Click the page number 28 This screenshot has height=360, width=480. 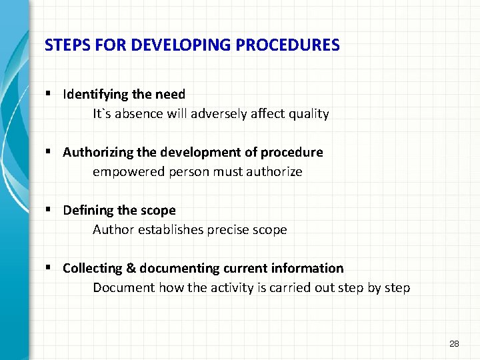point(454,344)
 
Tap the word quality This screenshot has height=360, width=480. point(307,114)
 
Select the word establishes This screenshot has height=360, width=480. point(169,230)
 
